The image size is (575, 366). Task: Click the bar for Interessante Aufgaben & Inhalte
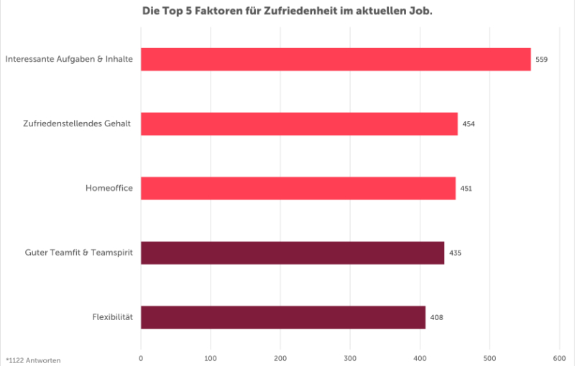click(x=336, y=60)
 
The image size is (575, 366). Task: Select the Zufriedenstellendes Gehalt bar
click(x=299, y=124)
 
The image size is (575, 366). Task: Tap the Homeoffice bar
click(x=298, y=188)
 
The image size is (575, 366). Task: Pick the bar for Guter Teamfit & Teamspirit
click(x=293, y=253)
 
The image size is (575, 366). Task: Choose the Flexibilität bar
click(x=283, y=317)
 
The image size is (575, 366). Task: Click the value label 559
click(x=541, y=60)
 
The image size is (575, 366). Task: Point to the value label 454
click(x=469, y=124)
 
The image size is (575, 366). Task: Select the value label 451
click(x=466, y=189)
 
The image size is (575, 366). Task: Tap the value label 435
click(x=455, y=253)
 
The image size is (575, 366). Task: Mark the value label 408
click(x=436, y=317)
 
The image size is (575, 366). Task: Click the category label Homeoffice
click(x=109, y=189)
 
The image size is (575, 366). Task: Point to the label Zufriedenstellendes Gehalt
click(x=77, y=124)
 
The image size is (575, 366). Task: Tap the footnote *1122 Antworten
click(x=33, y=359)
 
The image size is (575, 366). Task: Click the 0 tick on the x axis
click(x=141, y=357)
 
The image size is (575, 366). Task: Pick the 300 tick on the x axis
click(x=350, y=357)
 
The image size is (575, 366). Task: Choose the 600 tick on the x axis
click(x=559, y=357)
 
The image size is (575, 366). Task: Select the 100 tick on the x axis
click(x=211, y=357)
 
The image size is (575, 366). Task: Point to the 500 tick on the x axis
click(x=489, y=357)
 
